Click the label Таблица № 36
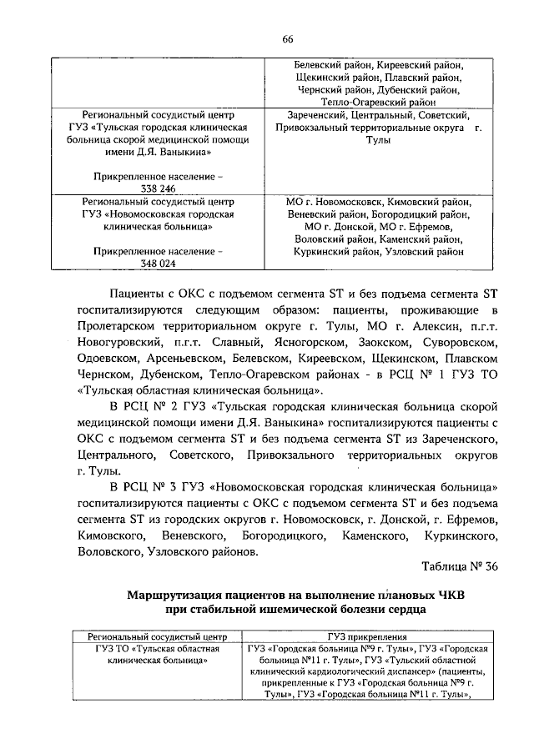coord(461,567)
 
